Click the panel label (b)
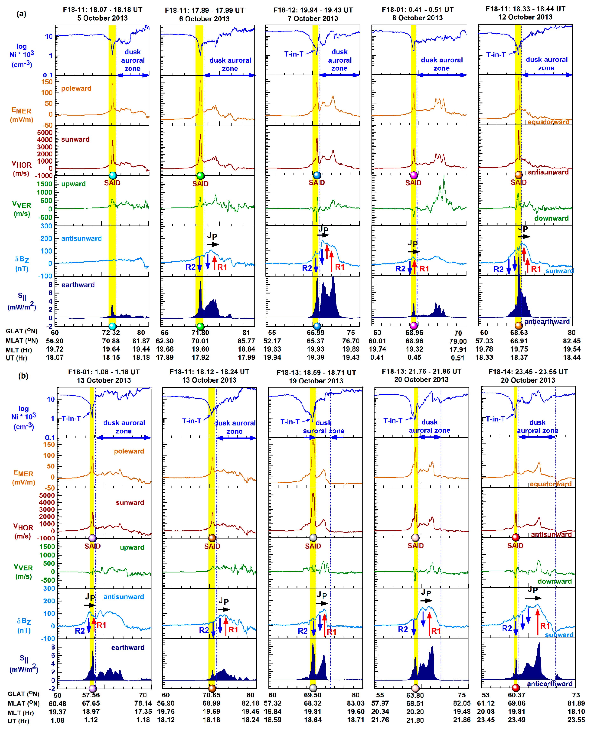point(23,376)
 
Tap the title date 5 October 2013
point(102,18)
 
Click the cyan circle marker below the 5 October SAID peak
point(112,175)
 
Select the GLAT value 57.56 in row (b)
point(91,695)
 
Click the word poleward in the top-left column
point(76,88)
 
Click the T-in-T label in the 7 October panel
point(294,54)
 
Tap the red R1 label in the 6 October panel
point(222,267)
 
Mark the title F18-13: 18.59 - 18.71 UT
point(316,373)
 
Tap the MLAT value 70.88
point(111,341)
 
